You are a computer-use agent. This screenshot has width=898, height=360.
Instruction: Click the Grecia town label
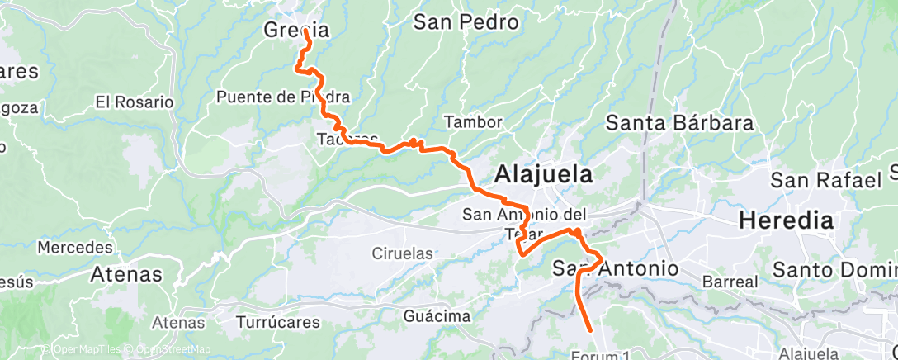[296, 31]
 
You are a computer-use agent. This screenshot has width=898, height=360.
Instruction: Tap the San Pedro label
[466, 22]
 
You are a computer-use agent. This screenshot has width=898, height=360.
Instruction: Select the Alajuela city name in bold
[544, 175]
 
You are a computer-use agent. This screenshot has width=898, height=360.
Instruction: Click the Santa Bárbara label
[680, 124]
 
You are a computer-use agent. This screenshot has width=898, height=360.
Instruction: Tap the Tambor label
[473, 122]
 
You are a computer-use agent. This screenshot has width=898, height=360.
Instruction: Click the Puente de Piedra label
[283, 97]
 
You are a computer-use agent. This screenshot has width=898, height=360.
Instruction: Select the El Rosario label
[135, 102]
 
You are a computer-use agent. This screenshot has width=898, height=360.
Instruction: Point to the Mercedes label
[75, 248]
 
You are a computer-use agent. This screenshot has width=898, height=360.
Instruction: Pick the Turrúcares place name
[276, 321]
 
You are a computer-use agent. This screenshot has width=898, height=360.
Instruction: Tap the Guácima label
[437, 316]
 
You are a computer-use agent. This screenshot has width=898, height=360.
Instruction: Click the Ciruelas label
[402, 253]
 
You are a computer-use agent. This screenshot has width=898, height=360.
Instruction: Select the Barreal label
[729, 282]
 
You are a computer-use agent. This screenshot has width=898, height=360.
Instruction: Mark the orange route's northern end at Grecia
[306, 31]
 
